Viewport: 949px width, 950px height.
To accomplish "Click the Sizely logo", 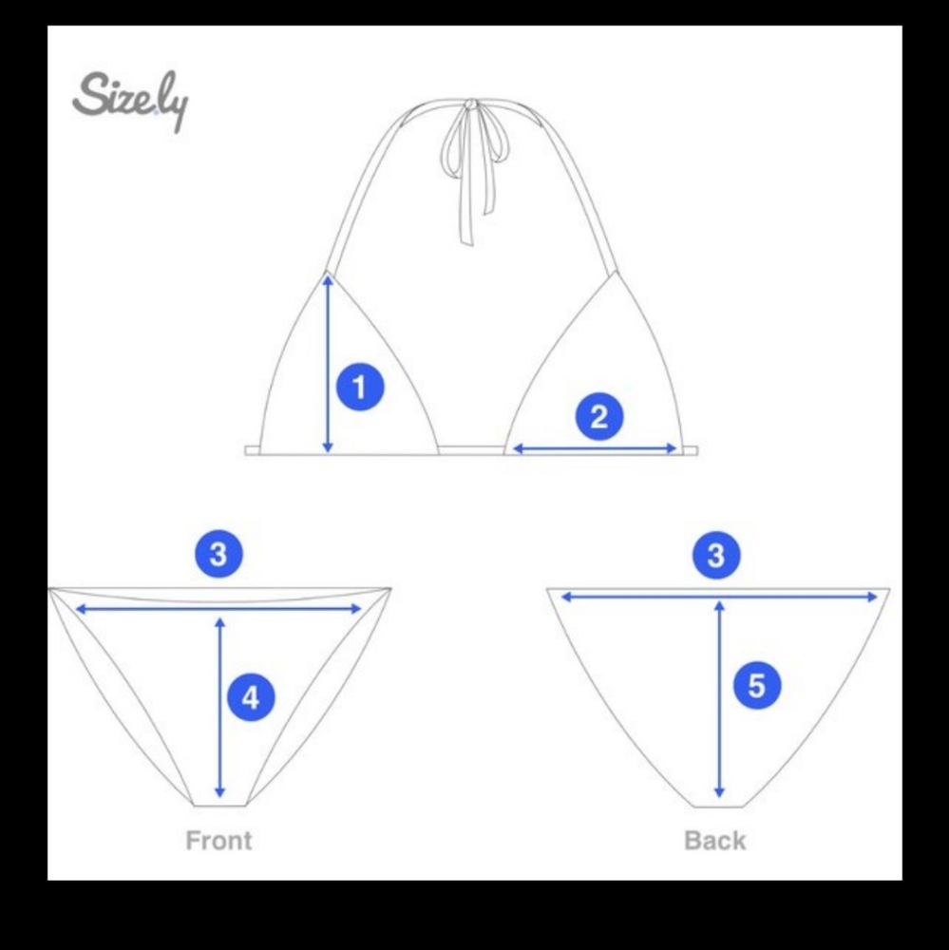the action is (x=130, y=102).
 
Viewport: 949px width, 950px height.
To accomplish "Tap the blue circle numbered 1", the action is (x=360, y=388).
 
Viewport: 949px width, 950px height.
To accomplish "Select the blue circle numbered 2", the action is (x=598, y=417).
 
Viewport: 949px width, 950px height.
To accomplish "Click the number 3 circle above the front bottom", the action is (x=218, y=554).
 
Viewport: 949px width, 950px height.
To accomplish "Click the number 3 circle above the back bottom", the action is (x=716, y=555).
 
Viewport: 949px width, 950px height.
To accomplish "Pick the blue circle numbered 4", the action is (x=251, y=697).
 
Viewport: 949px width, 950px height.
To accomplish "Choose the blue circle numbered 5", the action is (x=757, y=686).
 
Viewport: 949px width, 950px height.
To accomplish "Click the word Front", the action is (x=218, y=841).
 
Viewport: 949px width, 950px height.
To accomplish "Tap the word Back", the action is (x=715, y=841).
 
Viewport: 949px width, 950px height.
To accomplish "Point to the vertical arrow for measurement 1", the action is (x=328, y=364).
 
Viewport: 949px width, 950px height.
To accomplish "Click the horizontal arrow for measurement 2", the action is (x=595, y=448).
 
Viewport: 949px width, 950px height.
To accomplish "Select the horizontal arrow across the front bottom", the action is (x=218, y=609).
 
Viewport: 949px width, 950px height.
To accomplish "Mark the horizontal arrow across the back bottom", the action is (x=719, y=597).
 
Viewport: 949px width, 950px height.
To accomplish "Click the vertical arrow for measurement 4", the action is (x=220, y=707).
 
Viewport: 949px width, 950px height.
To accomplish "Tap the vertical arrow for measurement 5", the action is (x=719, y=698).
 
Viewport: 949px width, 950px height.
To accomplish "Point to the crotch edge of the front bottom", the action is (x=220, y=806).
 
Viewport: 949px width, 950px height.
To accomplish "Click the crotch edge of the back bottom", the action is (x=718, y=807).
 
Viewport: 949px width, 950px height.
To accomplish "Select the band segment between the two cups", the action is (x=471, y=450).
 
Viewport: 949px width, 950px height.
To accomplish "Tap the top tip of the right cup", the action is (x=617, y=272).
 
